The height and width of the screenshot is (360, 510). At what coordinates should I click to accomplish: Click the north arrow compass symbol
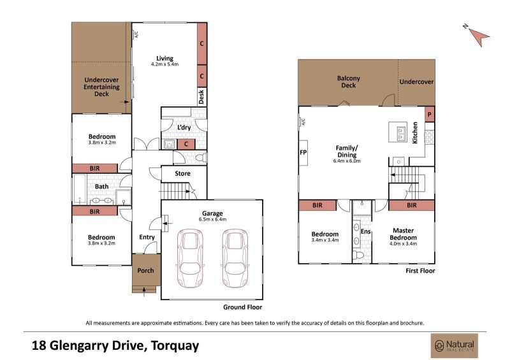(x=477, y=36)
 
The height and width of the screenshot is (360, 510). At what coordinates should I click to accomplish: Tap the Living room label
(x=164, y=59)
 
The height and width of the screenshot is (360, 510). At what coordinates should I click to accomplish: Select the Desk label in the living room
(x=201, y=97)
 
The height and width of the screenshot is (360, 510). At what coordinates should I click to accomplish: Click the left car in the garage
(x=190, y=258)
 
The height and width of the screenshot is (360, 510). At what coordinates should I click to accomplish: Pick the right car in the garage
(x=235, y=258)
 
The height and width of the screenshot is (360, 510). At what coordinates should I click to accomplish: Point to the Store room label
(x=182, y=174)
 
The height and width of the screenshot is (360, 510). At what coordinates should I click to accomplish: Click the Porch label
(x=145, y=270)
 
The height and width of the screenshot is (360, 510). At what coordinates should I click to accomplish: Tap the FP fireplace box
(x=303, y=152)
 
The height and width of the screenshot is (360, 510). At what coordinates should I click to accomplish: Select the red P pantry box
(x=430, y=114)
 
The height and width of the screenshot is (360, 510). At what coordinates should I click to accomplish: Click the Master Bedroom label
(x=403, y=234)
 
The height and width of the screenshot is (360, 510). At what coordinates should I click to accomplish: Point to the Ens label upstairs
(x=365, y=231)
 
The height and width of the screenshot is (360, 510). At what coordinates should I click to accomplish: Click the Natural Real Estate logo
(x=455, y=345)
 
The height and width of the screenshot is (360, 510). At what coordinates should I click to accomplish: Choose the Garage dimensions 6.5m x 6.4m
(x=212, y=220)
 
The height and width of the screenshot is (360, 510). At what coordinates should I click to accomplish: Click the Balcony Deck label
(x=348, y=82)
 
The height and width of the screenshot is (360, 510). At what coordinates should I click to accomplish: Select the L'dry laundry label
(x=184, y=127)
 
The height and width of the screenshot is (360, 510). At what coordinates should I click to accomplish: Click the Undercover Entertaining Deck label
(x=101, y=87)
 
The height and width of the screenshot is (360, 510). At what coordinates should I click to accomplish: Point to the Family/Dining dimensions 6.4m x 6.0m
(x=347, y=161)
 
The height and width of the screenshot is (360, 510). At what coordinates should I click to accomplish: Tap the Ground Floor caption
(x=242, y=307)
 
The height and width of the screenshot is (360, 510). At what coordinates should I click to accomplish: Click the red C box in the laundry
(x=186, y=144)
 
